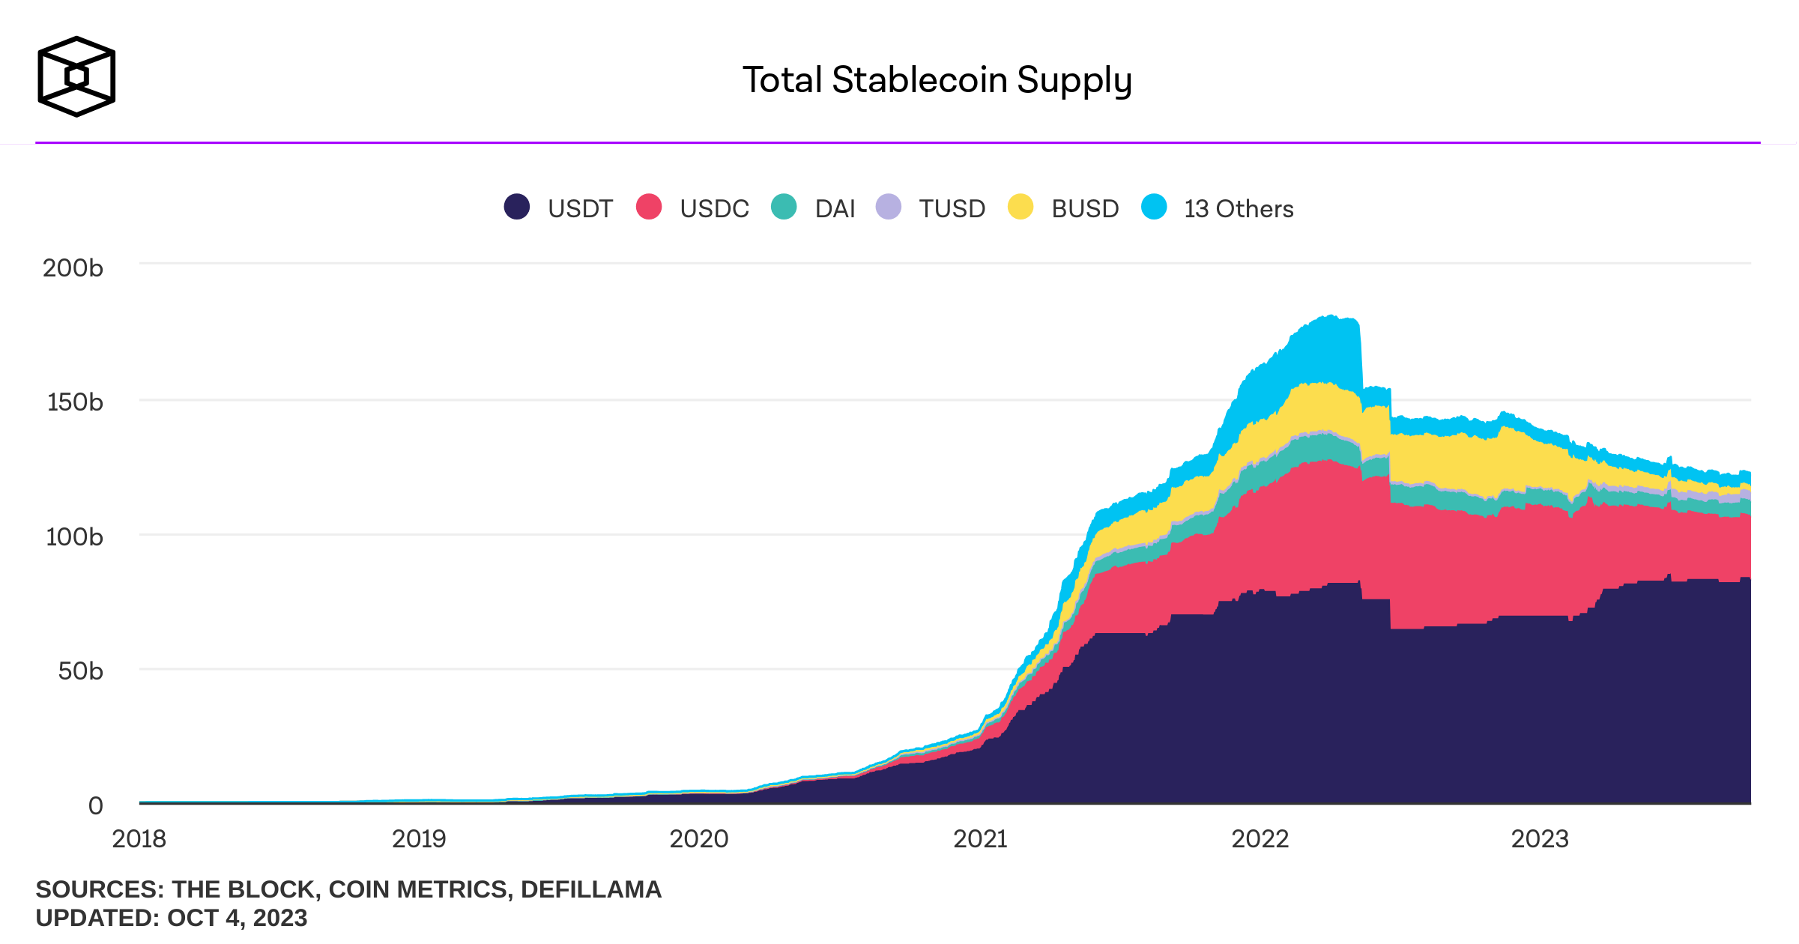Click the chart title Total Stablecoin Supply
tap(937, 80)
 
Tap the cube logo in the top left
tap(76, 76)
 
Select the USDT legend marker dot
tap(517, 207)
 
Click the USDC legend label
tap(714, 208)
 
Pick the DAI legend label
tap(835, 208)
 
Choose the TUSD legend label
tap(952, 208)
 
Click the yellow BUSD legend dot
tap(1021, 207)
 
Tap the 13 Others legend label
tap(1239, 208)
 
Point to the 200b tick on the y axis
tap(73, 267)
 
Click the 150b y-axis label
tap(75, 402)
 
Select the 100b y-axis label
tap(74, 536)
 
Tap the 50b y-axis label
tap(80, 671)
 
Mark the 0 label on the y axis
tap(95, 805)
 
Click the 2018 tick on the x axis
tap(139, 838)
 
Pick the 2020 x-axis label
tap(698, 838)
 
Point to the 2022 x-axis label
tap(1260, 838)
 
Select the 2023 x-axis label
tap(1539, 838)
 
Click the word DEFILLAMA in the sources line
tap(590, 889)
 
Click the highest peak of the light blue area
tap(1331, 318)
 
